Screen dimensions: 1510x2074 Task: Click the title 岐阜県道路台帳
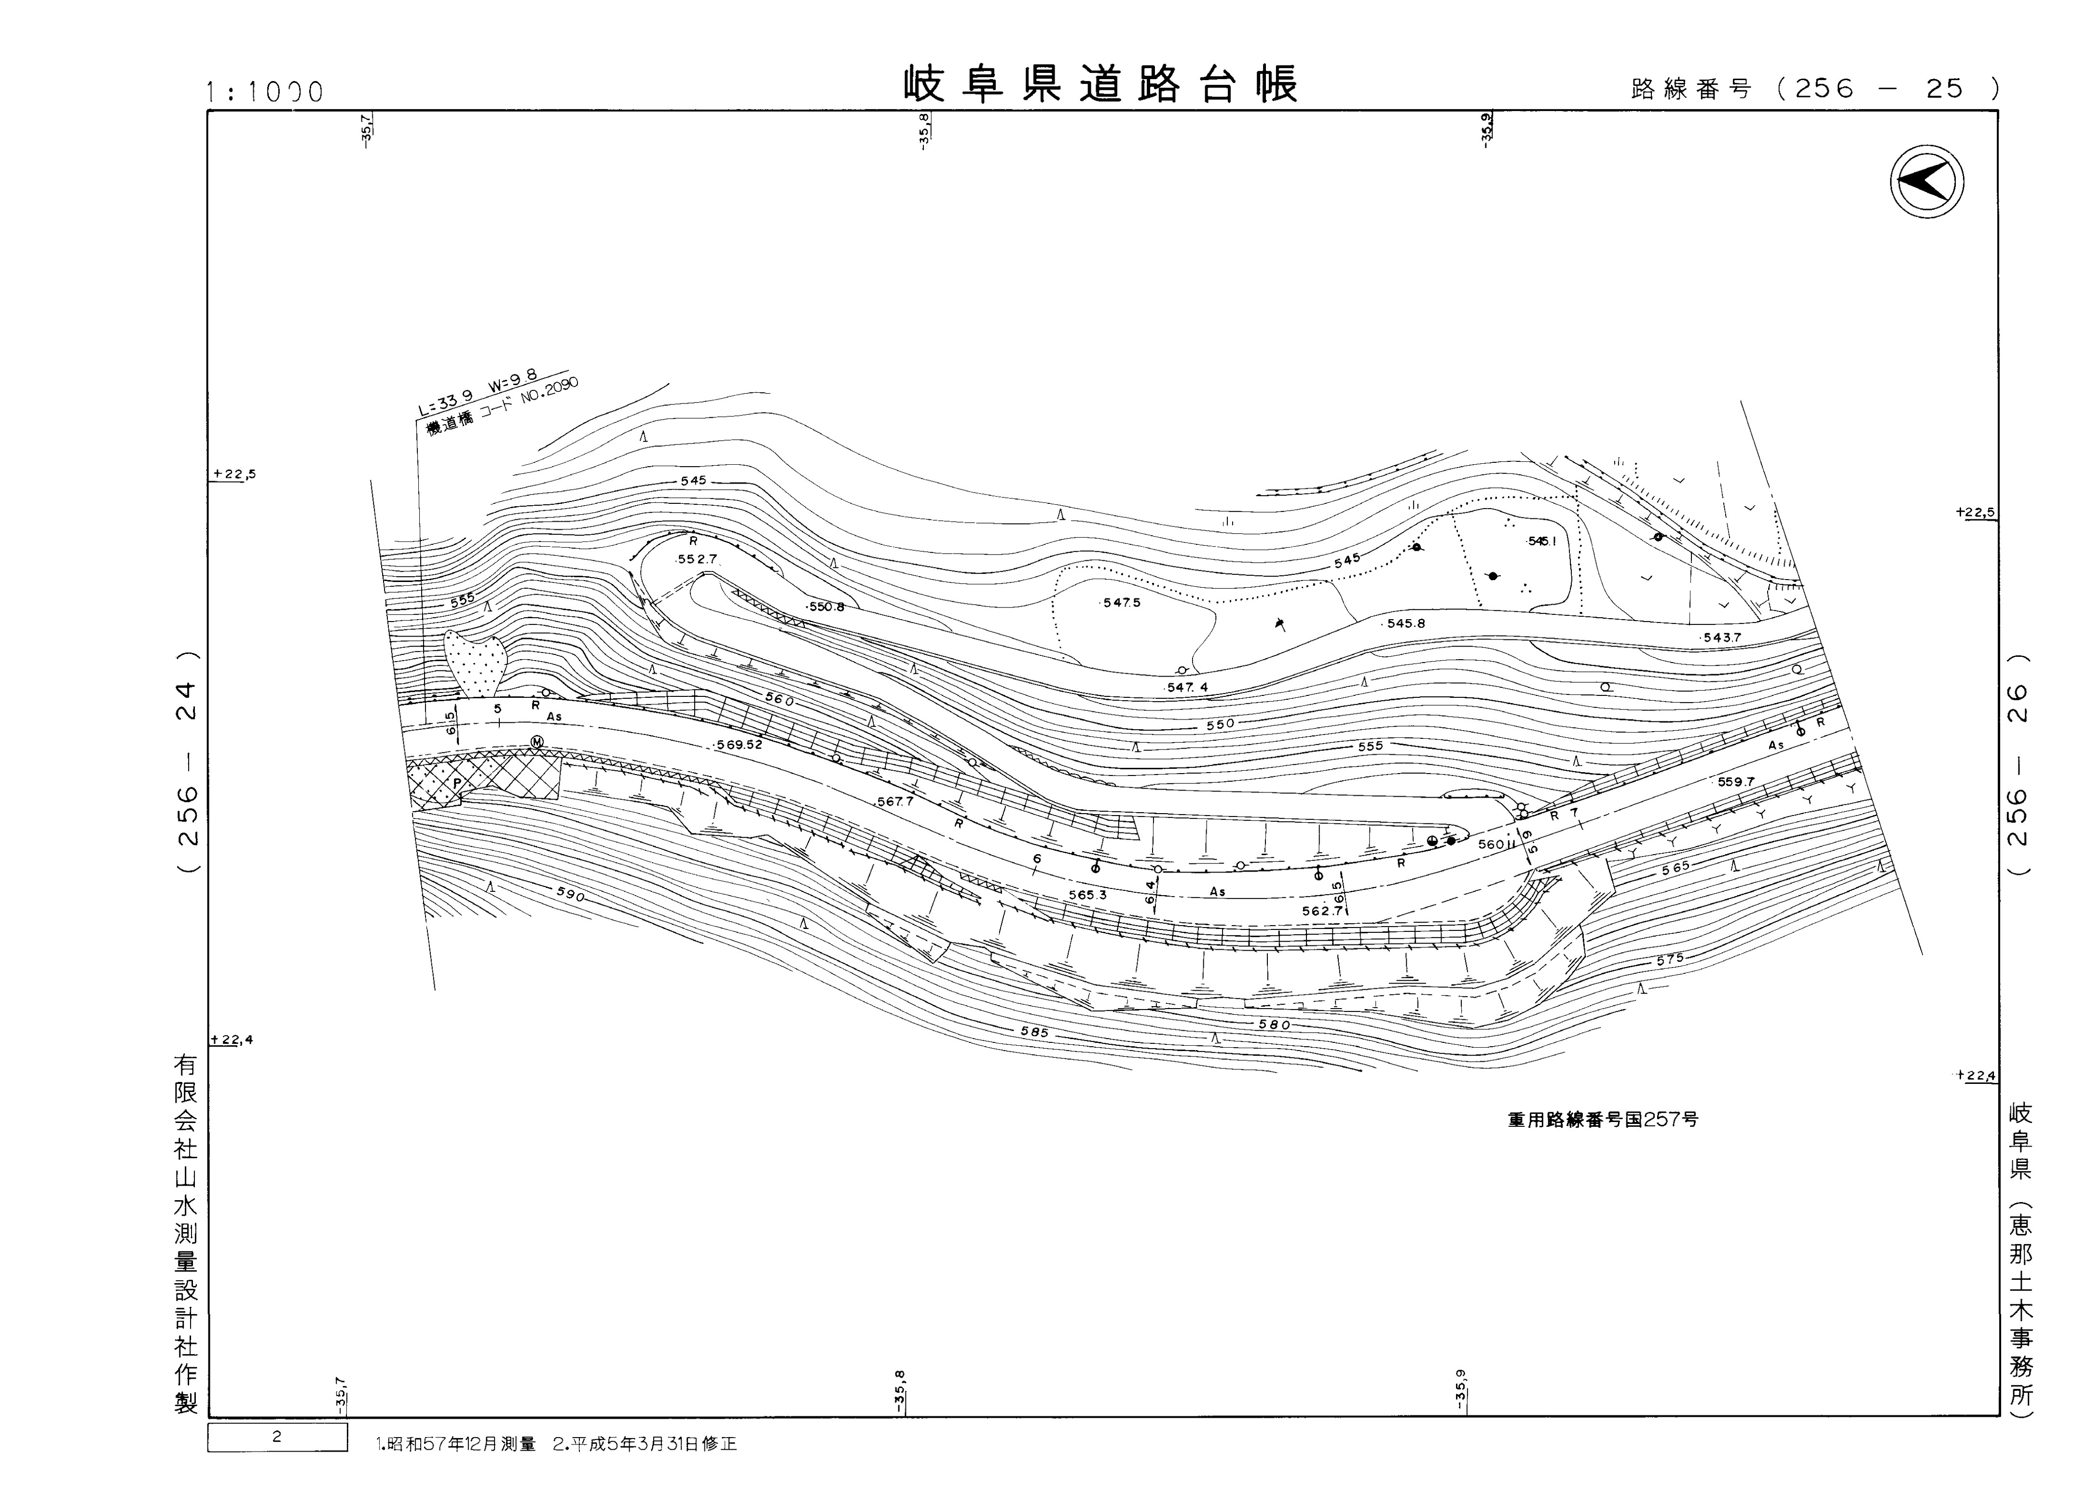[x=1100, y=85]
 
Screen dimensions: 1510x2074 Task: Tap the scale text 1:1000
[x=265, y=92]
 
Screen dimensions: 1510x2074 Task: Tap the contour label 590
[x=570, y=895]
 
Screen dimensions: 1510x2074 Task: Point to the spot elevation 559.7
[x=1736, y=782]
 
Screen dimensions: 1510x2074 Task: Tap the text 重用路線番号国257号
[x=1602, y=1120]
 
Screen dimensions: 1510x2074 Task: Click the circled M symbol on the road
[x=538, y=742]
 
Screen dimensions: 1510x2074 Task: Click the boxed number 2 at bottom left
[x=277, y=1437]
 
